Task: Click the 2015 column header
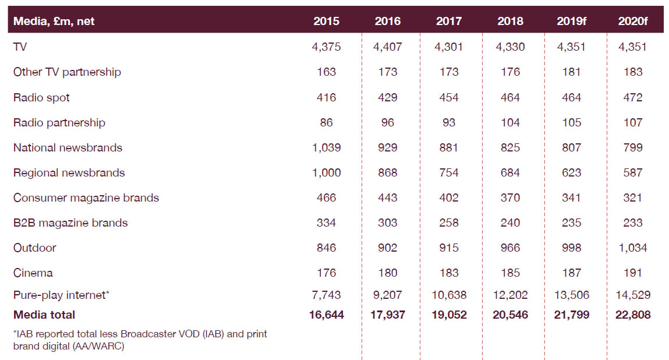[326, 22]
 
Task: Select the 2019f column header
[571, 22]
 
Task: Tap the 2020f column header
[632, 22]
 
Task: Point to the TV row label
[20, 47]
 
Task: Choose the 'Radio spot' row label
[41, 97]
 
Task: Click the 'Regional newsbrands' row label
[69, 172]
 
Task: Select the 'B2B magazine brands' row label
[70, 223]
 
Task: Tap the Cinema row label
[33, 273]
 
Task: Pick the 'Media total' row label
[44, 315]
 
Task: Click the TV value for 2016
[387, 47]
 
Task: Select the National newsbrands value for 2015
[326, 147]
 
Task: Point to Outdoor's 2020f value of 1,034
[632, 248]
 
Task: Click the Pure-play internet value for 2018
[510, 295]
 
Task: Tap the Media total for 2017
[449, 315]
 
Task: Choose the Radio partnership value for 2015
[326, 122]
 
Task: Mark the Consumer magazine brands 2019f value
[571, 197]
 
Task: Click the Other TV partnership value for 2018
[510, 72]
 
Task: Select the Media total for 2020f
[632, 315]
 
